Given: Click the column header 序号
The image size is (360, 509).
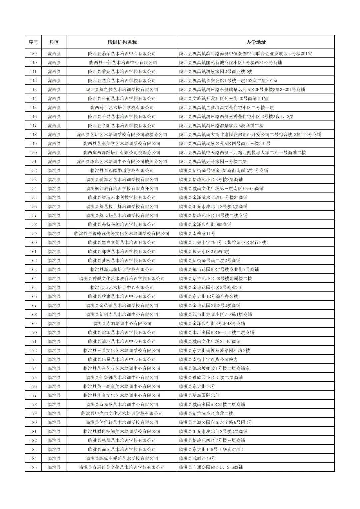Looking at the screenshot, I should coord(33,42).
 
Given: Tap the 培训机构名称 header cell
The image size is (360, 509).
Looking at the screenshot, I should coord(122,42).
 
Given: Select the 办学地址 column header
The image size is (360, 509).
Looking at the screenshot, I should coord(256,42).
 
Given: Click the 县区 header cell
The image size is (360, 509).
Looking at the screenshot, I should coord(54,42).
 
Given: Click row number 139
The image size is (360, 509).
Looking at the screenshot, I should coord(33,54).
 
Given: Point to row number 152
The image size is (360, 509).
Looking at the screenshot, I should coord(33,171).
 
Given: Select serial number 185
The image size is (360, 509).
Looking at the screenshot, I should coord(33,467).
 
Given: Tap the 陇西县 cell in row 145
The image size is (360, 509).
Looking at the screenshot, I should coord(54,108).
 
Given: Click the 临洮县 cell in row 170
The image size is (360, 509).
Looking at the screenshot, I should coord(54,333).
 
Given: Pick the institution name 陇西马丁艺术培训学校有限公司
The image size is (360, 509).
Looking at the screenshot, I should coord(122,108).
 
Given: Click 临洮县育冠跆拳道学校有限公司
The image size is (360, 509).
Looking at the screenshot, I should coord(122,171).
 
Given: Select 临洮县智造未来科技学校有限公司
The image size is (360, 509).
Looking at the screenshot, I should coord(122,198).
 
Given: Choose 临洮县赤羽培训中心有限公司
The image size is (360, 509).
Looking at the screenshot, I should coord(122,324).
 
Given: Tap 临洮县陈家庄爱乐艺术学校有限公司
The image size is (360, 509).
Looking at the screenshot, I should coord(122,459).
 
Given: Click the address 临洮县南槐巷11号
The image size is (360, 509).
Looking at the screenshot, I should coord(197,234).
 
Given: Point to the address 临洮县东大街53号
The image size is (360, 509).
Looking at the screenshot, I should coord(197,387).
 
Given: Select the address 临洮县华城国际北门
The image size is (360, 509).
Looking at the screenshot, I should coord(199,396).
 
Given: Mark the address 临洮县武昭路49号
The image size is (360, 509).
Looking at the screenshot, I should coord(197,459).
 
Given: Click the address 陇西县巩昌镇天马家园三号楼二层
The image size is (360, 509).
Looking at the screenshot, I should coord(213,162).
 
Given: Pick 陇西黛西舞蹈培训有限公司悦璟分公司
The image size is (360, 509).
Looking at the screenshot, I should coord(122,153).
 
